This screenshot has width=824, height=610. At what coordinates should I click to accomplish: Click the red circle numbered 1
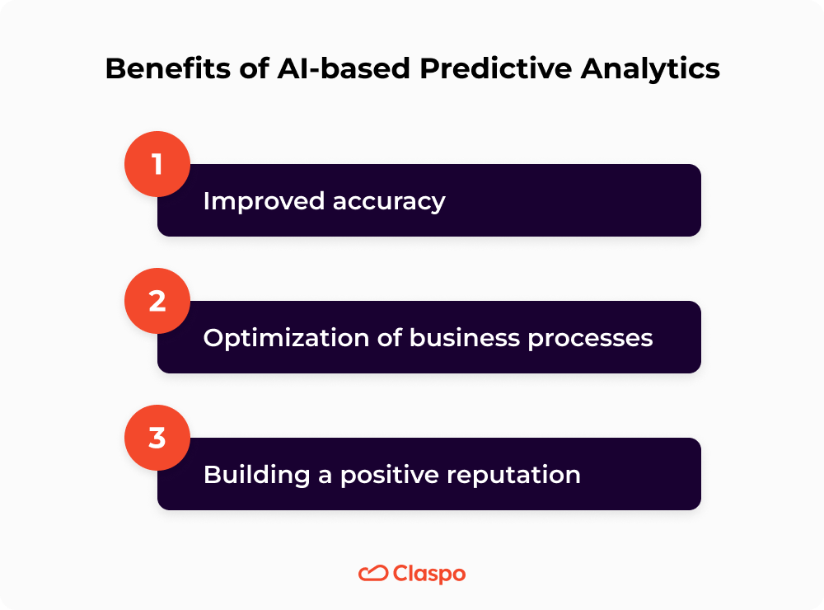tap(157, 163)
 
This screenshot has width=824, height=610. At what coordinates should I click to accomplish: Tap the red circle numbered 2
tap(157, 300)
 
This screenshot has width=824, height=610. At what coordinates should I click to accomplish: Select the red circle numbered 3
tap(157, 437)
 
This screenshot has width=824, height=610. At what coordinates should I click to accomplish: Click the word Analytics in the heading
tap(650, 69)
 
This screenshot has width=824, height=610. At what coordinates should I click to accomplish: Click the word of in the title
tap(232, 69)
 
